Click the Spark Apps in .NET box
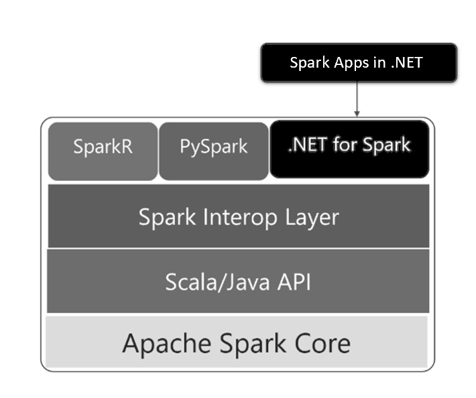tap(358, 63)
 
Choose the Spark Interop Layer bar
tap(238, 216)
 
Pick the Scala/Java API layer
tap(238, 281)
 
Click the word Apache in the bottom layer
tap(161, 344)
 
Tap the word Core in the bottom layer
tap(324, 343)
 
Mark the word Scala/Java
tap(215, 281)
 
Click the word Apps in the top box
tap(348, 64)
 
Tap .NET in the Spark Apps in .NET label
tap(406, 63)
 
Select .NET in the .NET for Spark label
tap(308, 145)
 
